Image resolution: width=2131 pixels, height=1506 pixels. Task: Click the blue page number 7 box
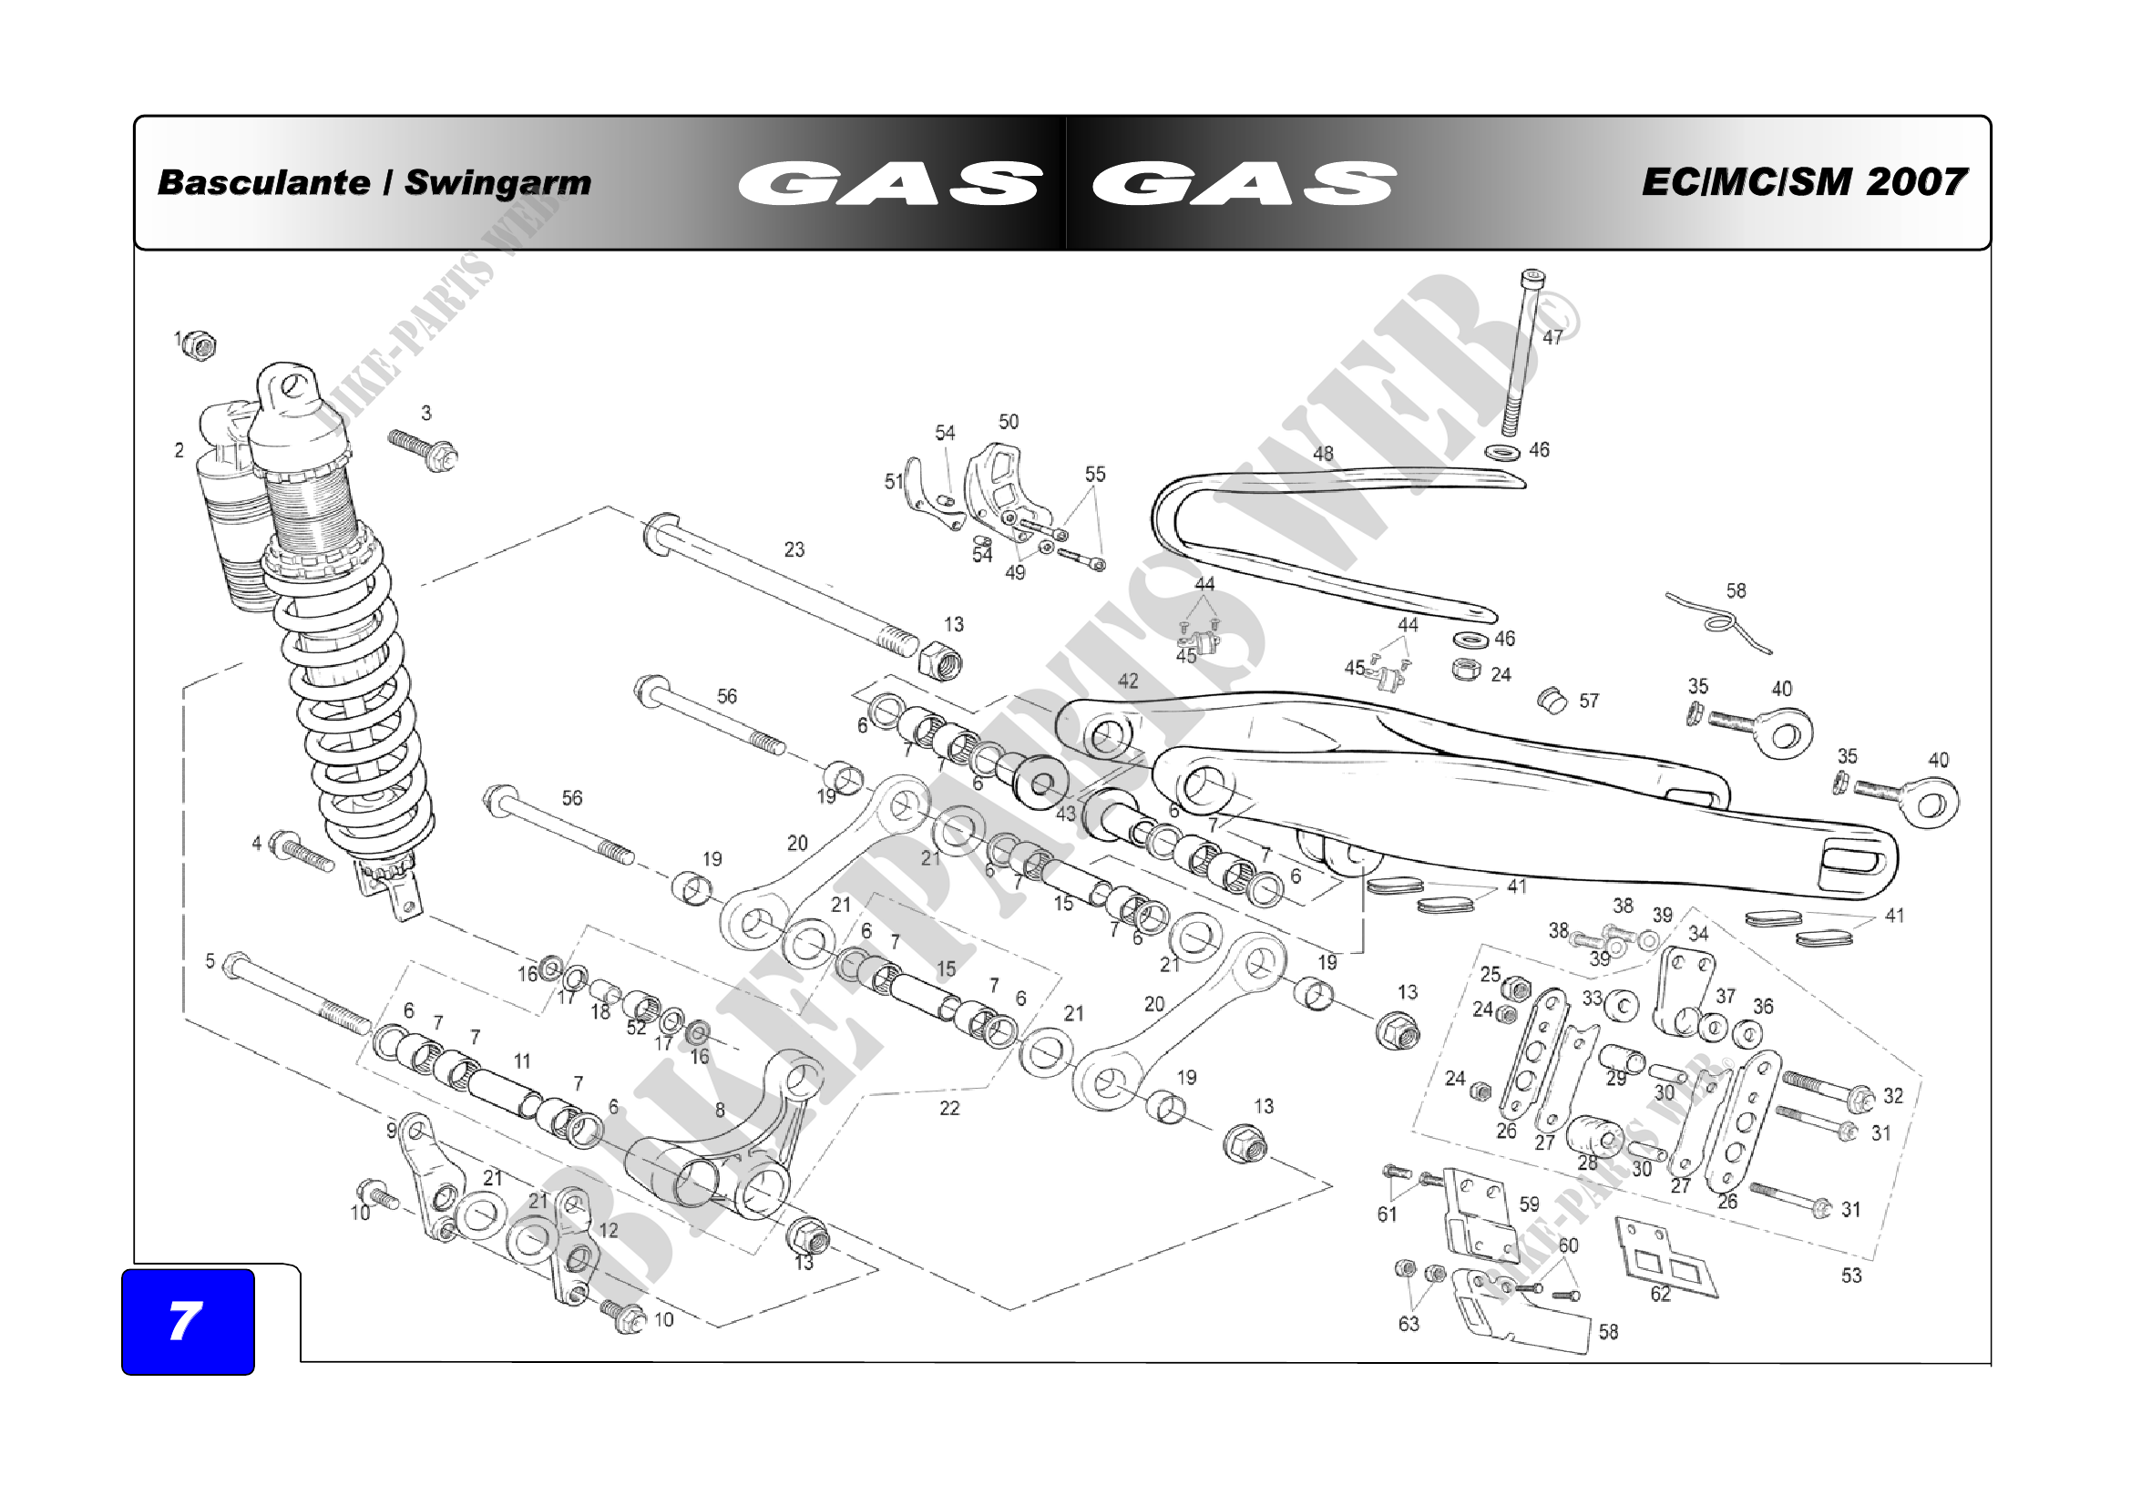pyautogui.click(x=189, y=1321)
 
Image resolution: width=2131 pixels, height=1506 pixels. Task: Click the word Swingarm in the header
pyautogui.click(x=497, y=183)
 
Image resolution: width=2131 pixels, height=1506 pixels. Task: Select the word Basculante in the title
pyautogui.click(x=263, y=182)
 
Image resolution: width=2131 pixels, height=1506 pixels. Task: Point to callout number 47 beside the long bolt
pyautogui.click(x=1552, y=338)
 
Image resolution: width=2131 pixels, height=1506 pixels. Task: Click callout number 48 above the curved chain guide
pyautogui.click(x=1324, y=454)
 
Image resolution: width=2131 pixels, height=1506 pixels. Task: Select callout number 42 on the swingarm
pyautogui.click(x=1128, y=681)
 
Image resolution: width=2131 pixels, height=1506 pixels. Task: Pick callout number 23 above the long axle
pyautogui.click(x=794, y=549)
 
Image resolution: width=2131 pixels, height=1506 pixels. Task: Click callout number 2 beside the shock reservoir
pyautogui.click(x=179, y=450)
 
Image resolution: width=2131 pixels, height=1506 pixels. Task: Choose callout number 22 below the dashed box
pyautogui.click(x=948, y=1108)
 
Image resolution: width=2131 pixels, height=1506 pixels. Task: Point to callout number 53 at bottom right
pyautogui.click(x=1851, y=1275)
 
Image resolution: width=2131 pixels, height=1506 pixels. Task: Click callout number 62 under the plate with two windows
pyautogui.click(x=1661, y=1295)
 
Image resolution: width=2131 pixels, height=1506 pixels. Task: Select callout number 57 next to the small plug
pyautogui.click(x=1589, y=701)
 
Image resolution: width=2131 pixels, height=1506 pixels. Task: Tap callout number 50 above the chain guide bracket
pyautogui.click(x=1009, y=422)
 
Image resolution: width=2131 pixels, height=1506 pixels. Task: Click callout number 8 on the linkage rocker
pyautogui.click(x=721, y=1110)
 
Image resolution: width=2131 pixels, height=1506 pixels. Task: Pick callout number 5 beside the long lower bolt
pyautogui.click(x=210, y=961)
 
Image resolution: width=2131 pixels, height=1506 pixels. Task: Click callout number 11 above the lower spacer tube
pyautogui.click(x=523, y=1060)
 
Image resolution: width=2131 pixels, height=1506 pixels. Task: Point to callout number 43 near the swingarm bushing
pyautogui.click(x=1066, y=814)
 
